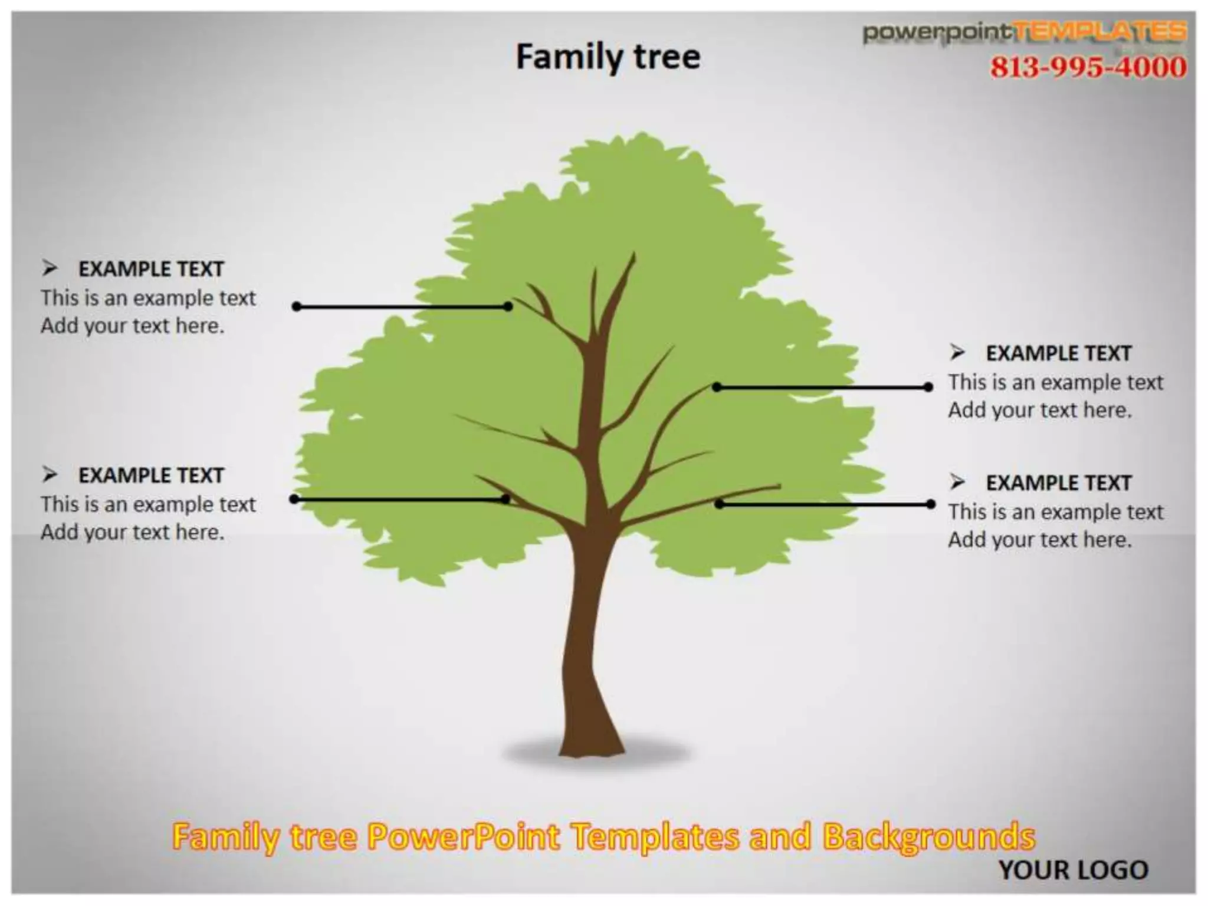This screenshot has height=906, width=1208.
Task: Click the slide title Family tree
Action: point(608,57)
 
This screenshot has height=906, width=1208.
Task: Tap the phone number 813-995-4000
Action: point(1088,67)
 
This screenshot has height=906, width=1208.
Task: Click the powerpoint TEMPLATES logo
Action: point(1025,32)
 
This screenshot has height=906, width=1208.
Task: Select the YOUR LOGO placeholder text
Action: point(1073,870)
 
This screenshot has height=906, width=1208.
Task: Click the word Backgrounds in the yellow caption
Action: point(928,837)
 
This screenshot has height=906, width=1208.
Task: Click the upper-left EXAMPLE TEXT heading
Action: point(151,269)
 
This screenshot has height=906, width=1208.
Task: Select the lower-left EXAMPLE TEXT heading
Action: point(151,475)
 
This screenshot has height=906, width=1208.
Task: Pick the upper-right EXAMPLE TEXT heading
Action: point(1059,353)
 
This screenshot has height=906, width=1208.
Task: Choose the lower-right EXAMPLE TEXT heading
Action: point(1059,483)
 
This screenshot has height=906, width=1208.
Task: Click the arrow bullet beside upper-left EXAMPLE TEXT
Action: point(50,269)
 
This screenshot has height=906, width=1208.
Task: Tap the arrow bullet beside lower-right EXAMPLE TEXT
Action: point(957,482)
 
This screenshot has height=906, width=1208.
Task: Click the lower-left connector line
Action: point(399,500)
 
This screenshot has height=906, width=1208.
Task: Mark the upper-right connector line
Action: point(822,388)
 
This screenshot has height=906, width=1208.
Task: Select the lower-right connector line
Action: point(825,504)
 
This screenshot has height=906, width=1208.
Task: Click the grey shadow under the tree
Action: point(661,753)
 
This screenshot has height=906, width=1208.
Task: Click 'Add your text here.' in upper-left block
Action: point(133,326)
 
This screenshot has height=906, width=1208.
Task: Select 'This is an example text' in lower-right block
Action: point(1056,511)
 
